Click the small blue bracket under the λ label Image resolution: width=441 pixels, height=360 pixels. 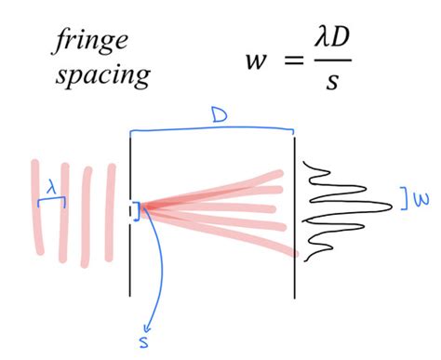tap(51, 198)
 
